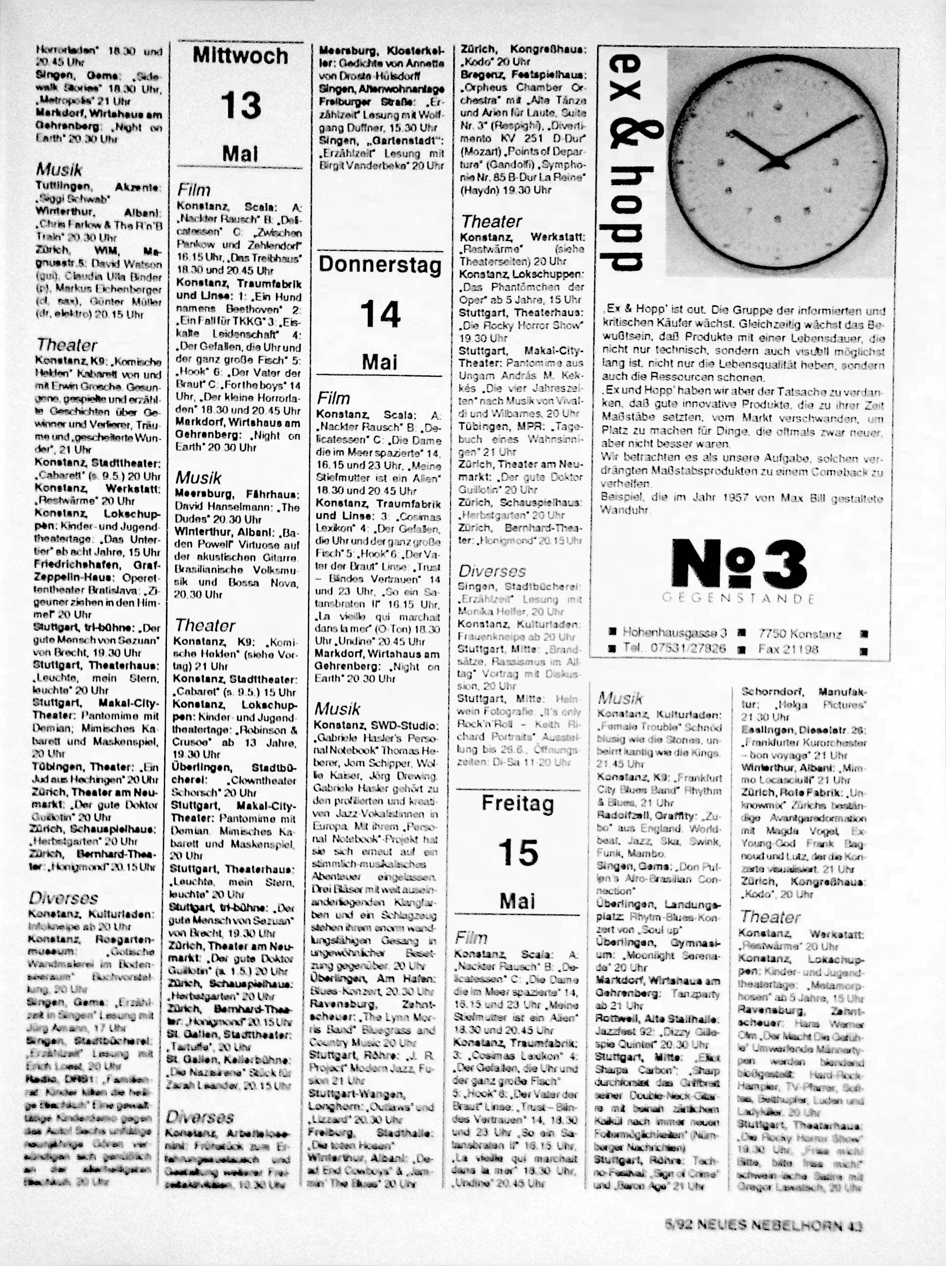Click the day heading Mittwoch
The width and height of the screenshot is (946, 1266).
tap(240, 56)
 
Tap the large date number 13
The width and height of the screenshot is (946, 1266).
tap(240, 105)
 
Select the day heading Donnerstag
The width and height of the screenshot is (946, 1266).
tap(380, 265)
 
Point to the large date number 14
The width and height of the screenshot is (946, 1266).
tap(380, 314)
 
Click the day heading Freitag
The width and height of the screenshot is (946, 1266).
tap(518, 803)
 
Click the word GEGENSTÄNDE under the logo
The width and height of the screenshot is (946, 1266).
tap(738, 598)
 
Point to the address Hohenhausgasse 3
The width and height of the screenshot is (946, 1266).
tap(674, 633)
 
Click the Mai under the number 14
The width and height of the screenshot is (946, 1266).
tap(380, 362)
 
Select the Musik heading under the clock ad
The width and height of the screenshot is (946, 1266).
tap(620, 698)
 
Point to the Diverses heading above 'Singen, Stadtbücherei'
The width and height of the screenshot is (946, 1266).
tap(492, 571)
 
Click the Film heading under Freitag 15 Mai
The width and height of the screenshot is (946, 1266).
tap(471, 938)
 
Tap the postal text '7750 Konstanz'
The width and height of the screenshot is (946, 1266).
tap(800, 633)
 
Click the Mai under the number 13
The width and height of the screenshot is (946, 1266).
tap(240, 153)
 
